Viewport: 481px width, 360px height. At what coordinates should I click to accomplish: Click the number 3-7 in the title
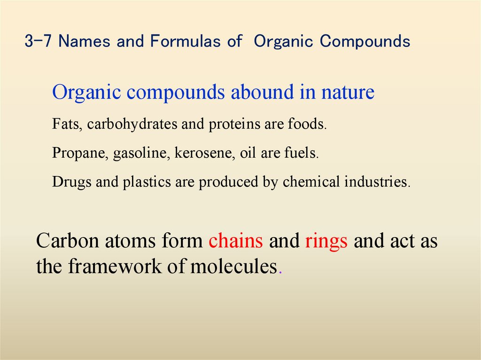(x=39, y=42)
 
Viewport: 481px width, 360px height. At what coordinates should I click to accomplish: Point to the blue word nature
(x=348, y=92)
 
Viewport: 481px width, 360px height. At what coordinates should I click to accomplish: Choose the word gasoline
(x=142, y=154)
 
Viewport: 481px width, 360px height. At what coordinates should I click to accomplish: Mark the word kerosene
(x=204, y=154)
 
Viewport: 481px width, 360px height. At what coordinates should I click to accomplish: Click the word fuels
(x=303, y=154)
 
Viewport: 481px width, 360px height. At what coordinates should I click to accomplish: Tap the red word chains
(x=236, y=241)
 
